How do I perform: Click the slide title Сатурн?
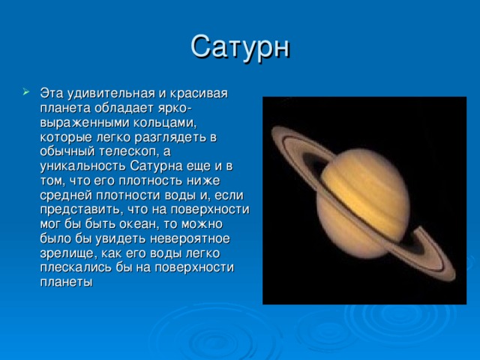[240, 46]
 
